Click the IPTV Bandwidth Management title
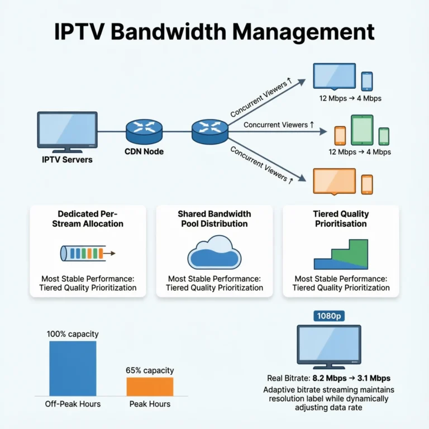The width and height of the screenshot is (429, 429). [214, 32]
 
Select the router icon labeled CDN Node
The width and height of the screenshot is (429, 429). [145, 130]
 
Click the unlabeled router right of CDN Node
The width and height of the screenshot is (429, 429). [210, 130]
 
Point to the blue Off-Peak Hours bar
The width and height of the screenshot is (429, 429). [73, 368]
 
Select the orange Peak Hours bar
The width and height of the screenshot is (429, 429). [150, 387]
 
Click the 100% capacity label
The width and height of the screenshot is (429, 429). [73, 334]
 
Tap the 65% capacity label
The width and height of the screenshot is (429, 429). [150, 370]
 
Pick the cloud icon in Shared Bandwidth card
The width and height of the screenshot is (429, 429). [214, 253]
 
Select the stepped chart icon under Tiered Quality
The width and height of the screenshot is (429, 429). [341, 255]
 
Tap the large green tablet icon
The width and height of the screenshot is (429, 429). [361, 130]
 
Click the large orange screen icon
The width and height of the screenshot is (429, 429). [335, 181]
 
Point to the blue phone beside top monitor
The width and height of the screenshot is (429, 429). [366, 81]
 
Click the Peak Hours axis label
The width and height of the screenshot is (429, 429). [150, 404]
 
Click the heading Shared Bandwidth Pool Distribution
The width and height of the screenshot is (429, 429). [214, 218]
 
